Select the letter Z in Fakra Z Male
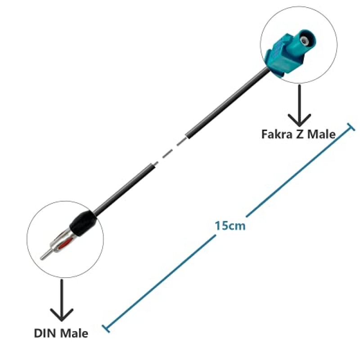(298, 134)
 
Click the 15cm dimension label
(230, 225)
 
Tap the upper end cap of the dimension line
(349, 127)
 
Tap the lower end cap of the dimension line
(106, 327)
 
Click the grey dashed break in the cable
(170, 152)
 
